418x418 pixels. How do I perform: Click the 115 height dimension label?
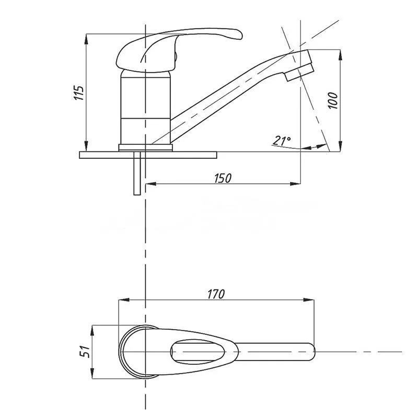[79, 93]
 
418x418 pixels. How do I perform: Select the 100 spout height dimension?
[333, 100]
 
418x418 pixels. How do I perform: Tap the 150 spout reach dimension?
[223, 178]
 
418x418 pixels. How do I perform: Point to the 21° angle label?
[282, 140]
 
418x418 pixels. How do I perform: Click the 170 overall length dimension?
[216, 294]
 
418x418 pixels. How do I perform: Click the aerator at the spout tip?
[299, 72]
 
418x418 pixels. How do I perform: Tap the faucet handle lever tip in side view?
[238, 34]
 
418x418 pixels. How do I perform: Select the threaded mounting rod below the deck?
[137, 173]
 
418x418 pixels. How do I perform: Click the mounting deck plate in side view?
[148, 155]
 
